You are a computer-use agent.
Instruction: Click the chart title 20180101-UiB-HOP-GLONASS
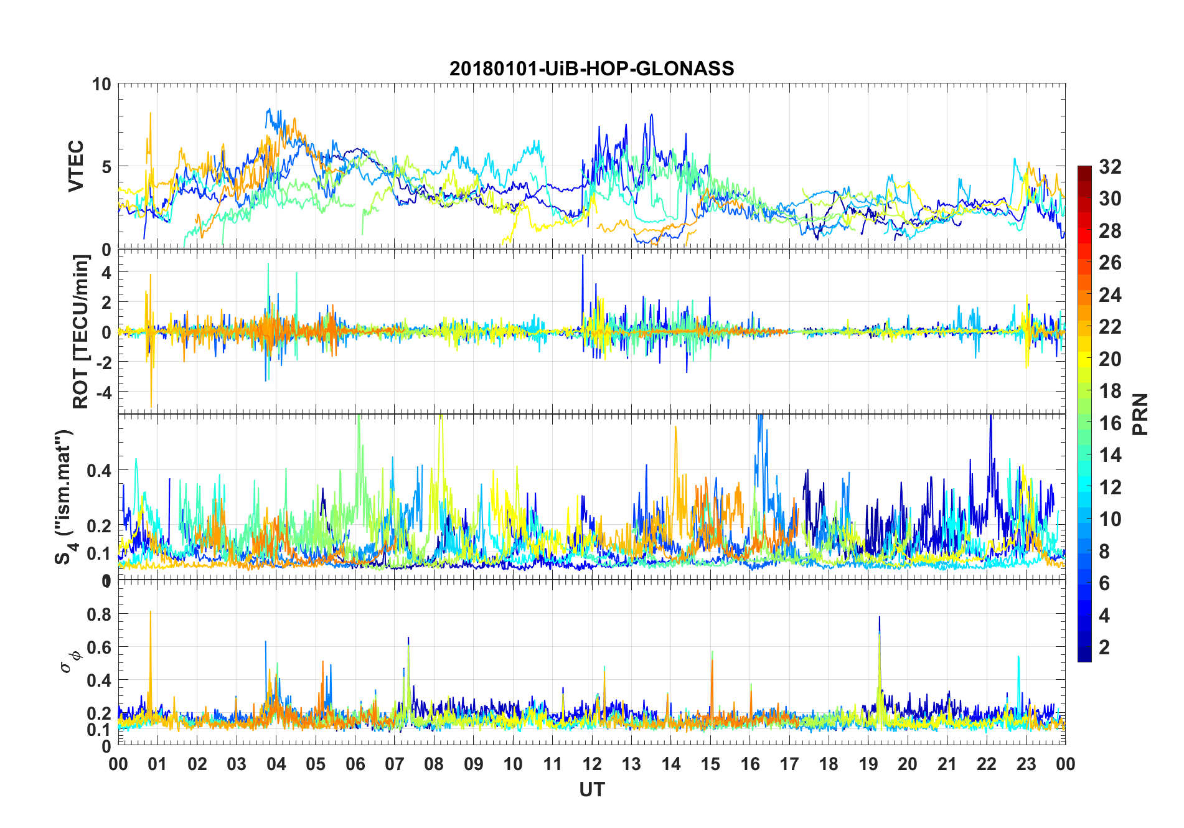(591, 68)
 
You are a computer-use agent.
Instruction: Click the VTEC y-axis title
(76, 166)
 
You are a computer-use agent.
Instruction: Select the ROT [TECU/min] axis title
(81, 331)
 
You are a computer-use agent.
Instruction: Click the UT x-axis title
(591, 789)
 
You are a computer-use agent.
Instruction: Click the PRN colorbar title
(1140, 414)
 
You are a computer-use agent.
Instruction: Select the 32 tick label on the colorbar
(1110, 166)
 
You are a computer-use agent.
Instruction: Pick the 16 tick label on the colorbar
(1110, 423)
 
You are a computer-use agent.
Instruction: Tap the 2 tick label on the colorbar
(1104, 647)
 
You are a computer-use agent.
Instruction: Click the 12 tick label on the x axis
(592, 764)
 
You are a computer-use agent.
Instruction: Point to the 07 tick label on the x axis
(395, 764)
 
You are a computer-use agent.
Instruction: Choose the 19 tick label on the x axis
(868, 764)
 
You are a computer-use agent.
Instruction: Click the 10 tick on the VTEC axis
(101, 85)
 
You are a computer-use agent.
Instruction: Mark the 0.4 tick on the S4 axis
(98, 470)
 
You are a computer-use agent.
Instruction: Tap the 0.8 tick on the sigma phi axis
(98, 614)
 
